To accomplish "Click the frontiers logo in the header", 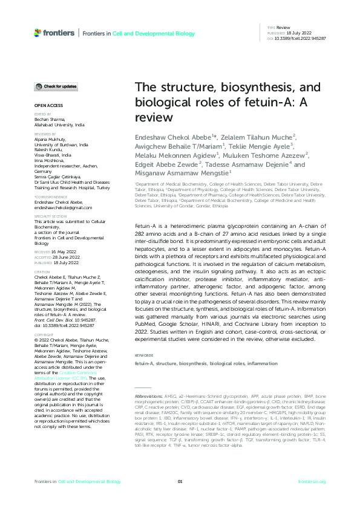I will [x=53, y=32].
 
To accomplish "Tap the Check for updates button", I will [x=56, y=87].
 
